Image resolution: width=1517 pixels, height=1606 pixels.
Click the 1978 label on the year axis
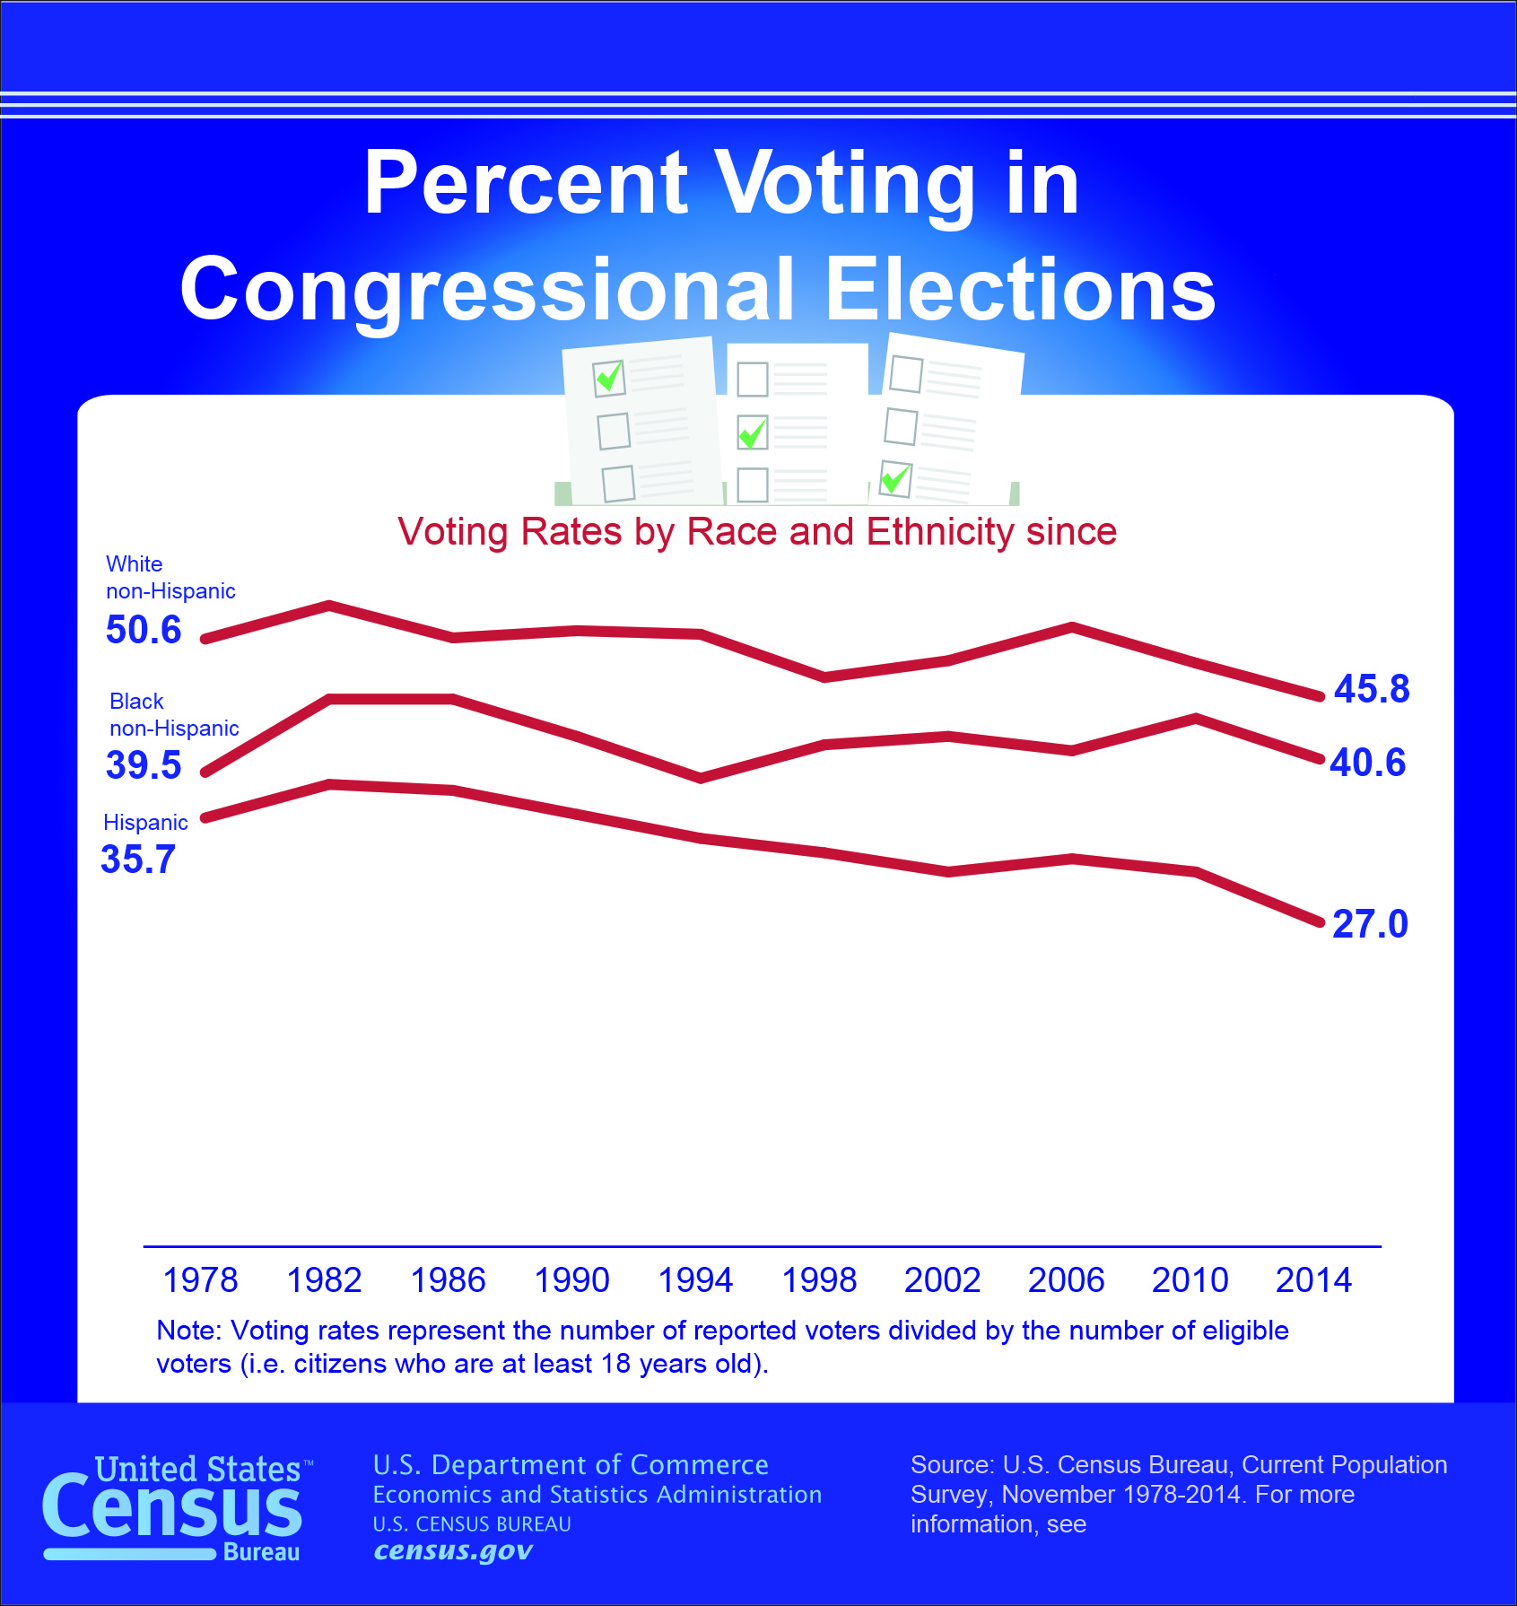200,1280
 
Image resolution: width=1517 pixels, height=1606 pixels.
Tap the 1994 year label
695,1280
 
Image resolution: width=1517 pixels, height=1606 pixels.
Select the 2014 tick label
1313,1280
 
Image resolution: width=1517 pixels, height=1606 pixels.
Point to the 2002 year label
942,1280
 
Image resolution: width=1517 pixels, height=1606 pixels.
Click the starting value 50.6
144,630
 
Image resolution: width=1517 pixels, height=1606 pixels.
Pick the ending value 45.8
1372,689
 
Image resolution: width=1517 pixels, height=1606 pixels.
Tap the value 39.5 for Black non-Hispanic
144,765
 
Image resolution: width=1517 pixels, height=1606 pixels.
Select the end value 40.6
1367,763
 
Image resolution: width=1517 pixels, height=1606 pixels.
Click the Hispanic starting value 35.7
138,860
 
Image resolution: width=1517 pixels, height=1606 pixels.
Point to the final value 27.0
1370,924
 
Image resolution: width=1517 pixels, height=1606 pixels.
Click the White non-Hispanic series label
170,578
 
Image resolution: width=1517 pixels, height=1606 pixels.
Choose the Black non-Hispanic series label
174,715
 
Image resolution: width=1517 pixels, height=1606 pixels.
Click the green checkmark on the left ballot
610,377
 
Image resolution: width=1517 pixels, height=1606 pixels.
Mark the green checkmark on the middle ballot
753,432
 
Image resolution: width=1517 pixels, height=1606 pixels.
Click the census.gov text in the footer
453,1551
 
